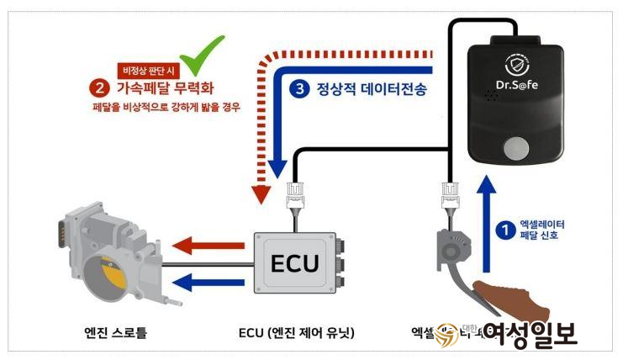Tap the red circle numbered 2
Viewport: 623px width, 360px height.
[x=101, y=87]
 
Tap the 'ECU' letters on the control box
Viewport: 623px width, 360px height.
[x=293, y=262]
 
